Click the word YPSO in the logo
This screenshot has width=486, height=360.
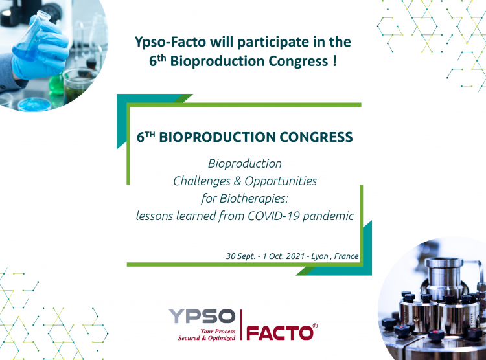[202, 317]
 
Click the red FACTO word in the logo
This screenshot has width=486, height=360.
[279, 333]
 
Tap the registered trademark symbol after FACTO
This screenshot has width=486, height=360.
[315, 326]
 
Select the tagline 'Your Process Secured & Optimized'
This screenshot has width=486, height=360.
[207, 335]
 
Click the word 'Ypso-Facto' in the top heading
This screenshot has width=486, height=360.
[170, 42]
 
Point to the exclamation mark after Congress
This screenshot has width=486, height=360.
[334, 60]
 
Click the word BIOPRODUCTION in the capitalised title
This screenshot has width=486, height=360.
[217, 137]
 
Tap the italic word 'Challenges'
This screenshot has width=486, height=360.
[202, 181]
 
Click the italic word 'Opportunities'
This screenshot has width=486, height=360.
[281, 181]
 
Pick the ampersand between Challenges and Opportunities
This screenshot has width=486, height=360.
[237, 181]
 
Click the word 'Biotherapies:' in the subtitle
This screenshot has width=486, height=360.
[254, 199]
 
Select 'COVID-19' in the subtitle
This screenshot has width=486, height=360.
[273, 216]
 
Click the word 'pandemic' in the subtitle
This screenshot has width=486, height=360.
[329, 216]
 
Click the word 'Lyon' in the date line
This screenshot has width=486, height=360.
[319, 257]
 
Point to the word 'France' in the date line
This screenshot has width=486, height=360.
[346, 256]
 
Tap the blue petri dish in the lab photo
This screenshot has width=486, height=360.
[34, 105]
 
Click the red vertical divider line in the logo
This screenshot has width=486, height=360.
[241, 324]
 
